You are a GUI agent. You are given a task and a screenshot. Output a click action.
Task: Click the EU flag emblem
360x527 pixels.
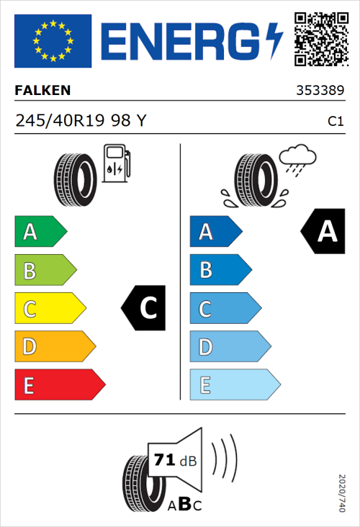(x=53, y=41)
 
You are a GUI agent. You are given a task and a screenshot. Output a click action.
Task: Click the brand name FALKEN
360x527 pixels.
(x=43, y=91)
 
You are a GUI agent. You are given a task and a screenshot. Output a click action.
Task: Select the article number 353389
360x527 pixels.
(x=319, y=91)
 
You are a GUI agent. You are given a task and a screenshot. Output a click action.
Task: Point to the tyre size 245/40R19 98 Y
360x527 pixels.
(x=80, y=122)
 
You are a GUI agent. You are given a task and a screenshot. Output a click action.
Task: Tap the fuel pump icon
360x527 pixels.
(x=116, y=163)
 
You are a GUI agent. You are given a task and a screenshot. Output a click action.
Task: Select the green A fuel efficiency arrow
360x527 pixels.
(x=40, y=232)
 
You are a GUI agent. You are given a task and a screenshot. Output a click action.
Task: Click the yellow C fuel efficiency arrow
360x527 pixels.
(x=49, y=308)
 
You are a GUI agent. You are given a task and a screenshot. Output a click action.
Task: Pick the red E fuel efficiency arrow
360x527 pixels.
(x=59, y=384)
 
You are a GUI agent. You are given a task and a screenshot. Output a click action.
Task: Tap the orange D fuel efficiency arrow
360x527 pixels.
(x=54, y=346)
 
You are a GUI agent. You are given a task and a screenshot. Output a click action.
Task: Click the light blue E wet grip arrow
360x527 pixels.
(x=234, y=384)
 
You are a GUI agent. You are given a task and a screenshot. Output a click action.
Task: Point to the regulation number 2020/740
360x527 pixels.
(x=341, y=492)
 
